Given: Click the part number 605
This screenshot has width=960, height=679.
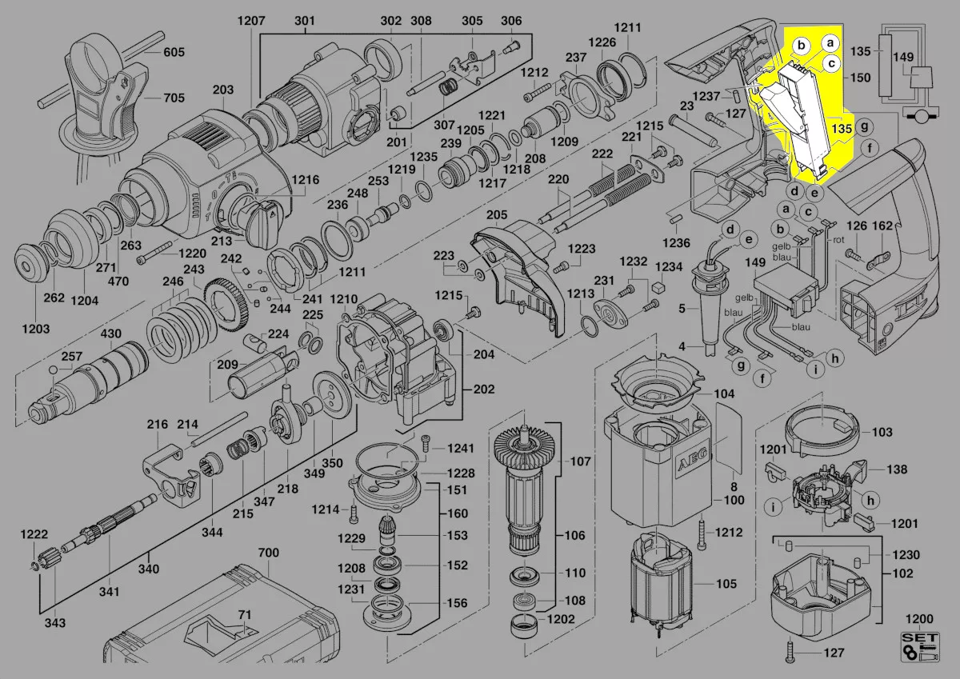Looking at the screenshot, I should (x=174, y=53).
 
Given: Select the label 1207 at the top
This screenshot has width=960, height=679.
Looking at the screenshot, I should (x=251, y=21).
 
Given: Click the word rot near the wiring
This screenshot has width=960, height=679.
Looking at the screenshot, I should (x=839, y=239).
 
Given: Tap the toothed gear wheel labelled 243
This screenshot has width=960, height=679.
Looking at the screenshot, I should (x=228, y=308).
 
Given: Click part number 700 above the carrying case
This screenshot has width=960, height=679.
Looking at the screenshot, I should (x=269, y=553).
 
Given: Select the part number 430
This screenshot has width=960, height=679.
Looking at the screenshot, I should (x=111, y=333).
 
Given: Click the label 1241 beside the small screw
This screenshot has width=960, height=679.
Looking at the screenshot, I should (x=460, y=448).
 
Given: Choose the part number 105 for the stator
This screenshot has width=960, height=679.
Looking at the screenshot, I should (x=726, y=584).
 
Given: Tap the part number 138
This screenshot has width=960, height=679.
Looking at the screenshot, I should (x=898, y=470).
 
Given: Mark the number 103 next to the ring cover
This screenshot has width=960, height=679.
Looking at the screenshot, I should (x=882, y=433).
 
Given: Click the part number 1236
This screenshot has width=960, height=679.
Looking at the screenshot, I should (x=677, y=242).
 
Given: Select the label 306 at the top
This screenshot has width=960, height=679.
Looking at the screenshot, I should (x=511, y=21).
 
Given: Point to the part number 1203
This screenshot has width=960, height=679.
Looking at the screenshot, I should (x=35, y=329).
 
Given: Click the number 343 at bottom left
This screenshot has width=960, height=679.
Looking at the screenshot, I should (x=55, y=623).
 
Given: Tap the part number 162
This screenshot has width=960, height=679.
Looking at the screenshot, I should (x=882, y=226).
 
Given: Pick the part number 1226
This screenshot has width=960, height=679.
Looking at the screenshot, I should (x=602, y=42).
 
